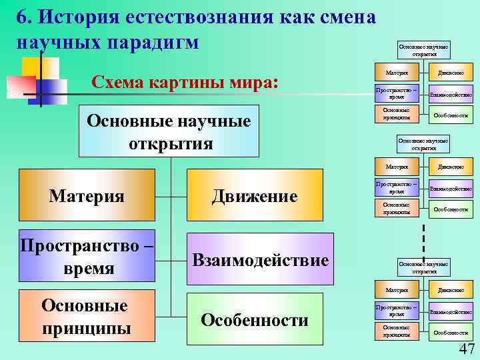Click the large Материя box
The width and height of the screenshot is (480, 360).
[x=87, y=195]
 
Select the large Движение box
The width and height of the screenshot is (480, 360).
[x=254, y=195]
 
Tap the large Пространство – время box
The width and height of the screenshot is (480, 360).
[x=87, y=257]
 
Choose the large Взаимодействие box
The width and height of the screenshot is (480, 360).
[x=260, y=259]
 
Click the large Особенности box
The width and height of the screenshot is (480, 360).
[x=254, y=320]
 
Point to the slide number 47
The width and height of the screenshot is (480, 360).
[x=466, y=349]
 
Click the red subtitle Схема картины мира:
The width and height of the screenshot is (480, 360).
[x=184, y=83]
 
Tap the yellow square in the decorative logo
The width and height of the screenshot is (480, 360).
[x=40, y=67]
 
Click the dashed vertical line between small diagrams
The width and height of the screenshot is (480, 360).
[x=423, y=240]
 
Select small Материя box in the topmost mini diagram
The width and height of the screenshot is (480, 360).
[x=397, y=71]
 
